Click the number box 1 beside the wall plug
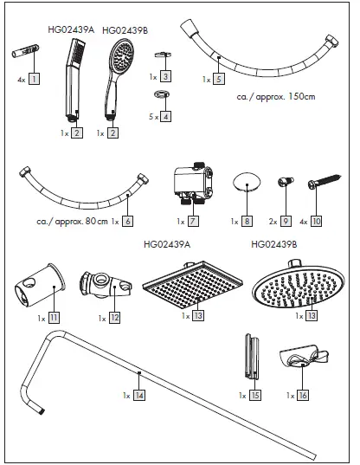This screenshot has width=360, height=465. (x=35, y=78)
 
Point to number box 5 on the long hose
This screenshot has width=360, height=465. (x=219, y=78)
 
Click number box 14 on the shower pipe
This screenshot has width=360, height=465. (x=139, y=394)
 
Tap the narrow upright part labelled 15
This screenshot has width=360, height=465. (x=251, y=354)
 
